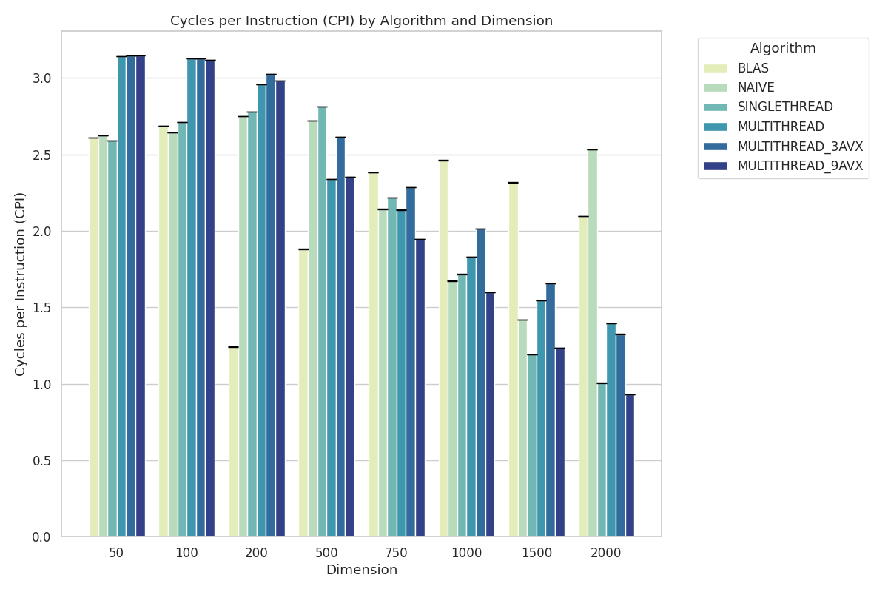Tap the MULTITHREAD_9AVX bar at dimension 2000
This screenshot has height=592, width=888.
tap(630, 465)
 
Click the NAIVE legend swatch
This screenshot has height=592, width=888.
tap(716, 87)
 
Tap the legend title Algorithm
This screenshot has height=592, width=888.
tap(783, 48)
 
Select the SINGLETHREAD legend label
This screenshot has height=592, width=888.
tap(785, 107)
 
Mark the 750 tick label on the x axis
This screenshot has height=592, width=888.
tap(397, 554)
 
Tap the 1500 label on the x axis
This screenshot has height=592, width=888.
tap(536, 554)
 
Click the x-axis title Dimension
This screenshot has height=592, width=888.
tap(361, 570)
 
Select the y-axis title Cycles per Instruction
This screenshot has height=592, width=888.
tap(21, 284)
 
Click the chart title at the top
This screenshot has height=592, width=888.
tap(361, 21)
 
